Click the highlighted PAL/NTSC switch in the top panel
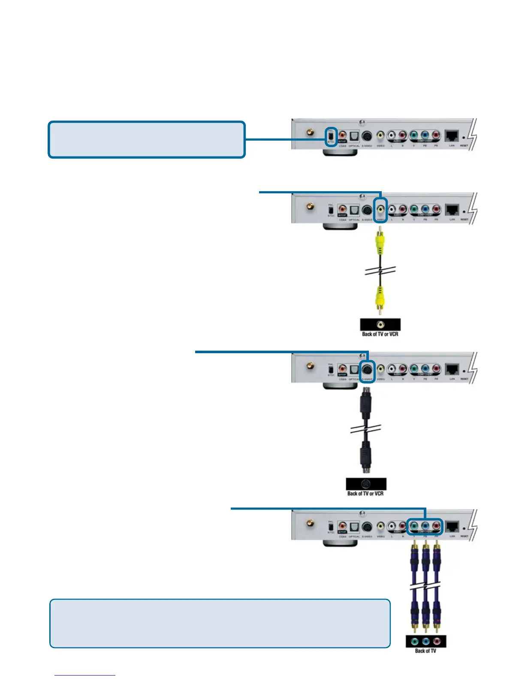click(x=331, y=137)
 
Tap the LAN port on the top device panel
click(x=452, y=136)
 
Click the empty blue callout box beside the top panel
click(x=146, y=140)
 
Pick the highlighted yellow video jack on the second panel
click(x=380, y=210)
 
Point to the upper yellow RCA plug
click(x=380, y=241)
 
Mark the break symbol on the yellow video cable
click(x=380, y=271)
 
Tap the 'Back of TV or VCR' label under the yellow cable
click(x=380, y=334)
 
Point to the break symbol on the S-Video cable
click(x=365, y=429)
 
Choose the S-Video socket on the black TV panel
click(x=366, y=484)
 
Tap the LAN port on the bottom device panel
click(x=452, y=526)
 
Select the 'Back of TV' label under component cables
click(x=425, y=651)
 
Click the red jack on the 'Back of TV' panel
click(x=437, y=642)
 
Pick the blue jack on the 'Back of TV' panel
click(x=426, y=642)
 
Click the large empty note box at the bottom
click(x=220, y=623)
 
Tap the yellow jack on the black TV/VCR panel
click(x=380, y=325)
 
